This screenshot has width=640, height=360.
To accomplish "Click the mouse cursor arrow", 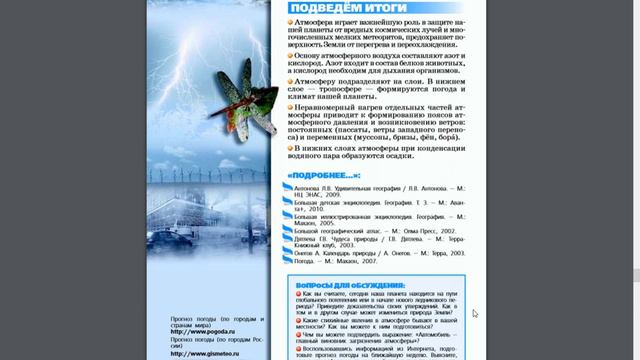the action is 475,313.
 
